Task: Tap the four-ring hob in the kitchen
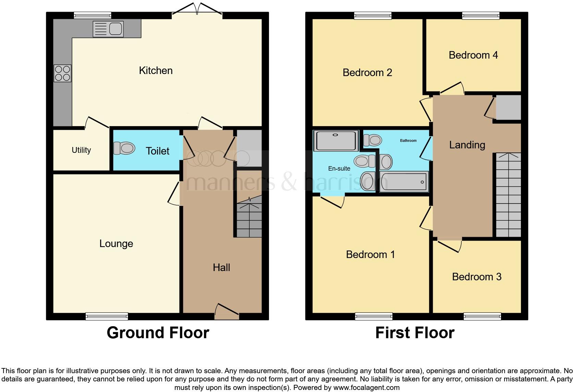(x=62, y=73)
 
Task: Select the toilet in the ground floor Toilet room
(x=124, y=148)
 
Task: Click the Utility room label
(x=81, y=150)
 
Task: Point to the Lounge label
(x=116, y=244)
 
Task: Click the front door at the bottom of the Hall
(x=227, y=312)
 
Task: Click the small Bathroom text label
(x=408, y=140)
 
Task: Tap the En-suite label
(x=339, y=169)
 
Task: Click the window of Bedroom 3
(x=482, y=316)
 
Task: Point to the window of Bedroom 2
(x=373, y=15)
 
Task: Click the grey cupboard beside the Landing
(x=508, y=108)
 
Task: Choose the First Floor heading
(x=415, y=333)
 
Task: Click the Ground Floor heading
(x=158, y=333)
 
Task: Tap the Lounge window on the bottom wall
(x=107, y=316)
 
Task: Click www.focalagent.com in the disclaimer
(x=366, y=388)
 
